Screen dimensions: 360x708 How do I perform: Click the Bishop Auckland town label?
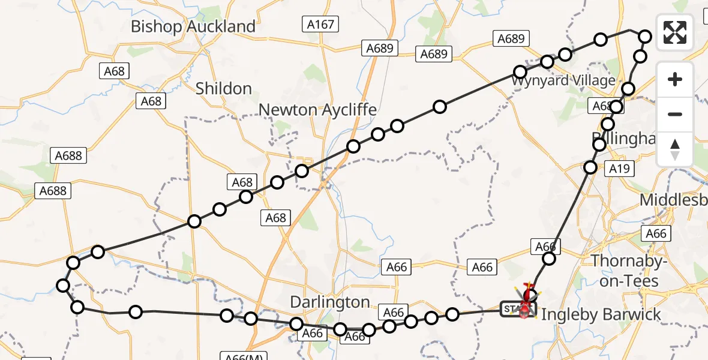(x=193, y=27)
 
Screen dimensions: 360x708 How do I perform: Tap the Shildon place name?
(x=224, y=89)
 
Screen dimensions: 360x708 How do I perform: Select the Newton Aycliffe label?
(x=317, y=110)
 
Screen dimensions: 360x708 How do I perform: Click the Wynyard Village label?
(x=564, y=80)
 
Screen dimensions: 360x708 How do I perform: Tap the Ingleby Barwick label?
(x=601, y=314)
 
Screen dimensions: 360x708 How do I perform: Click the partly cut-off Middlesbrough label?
(x=673, y=200)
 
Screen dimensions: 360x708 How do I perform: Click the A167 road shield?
(x=320, y=24)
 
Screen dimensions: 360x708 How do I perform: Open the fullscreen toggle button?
(x=675, y=32)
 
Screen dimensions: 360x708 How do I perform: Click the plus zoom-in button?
(x=675, y=79)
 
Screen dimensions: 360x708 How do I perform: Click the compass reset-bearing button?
(x=675, y=149)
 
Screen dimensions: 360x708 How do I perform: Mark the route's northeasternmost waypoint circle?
(x=645, y=36)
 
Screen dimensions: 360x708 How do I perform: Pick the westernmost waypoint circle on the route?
(x=63, y=285)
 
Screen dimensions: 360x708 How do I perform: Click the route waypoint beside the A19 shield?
(x=590, y=167)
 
